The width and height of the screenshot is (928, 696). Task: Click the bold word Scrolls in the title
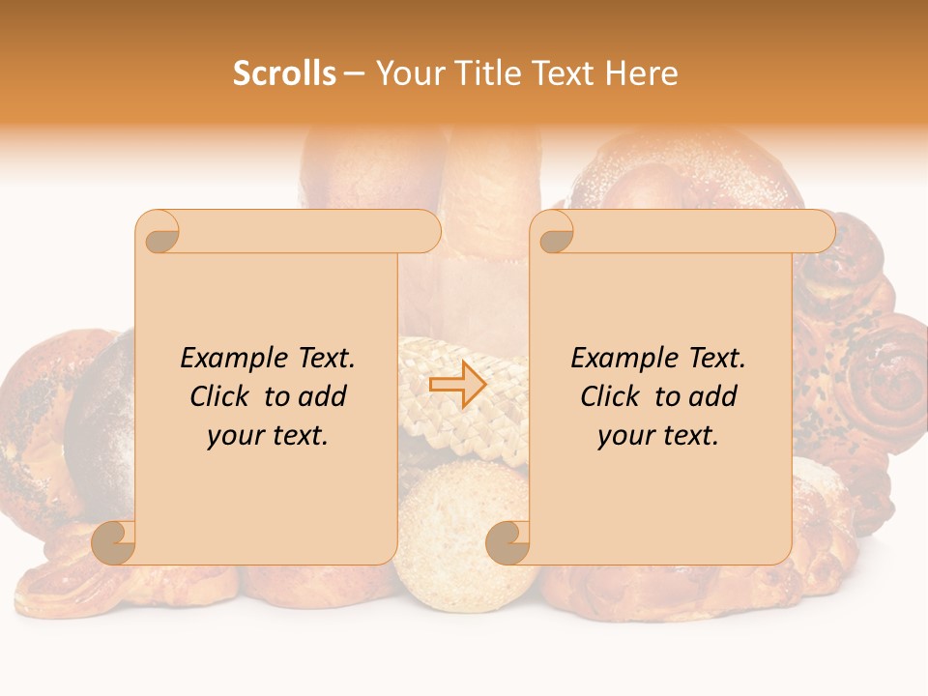(x=284, y=73)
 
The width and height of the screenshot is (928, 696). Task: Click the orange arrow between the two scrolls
(x=457, y=385)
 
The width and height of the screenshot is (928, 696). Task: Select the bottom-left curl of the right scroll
(x=508, y=542)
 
